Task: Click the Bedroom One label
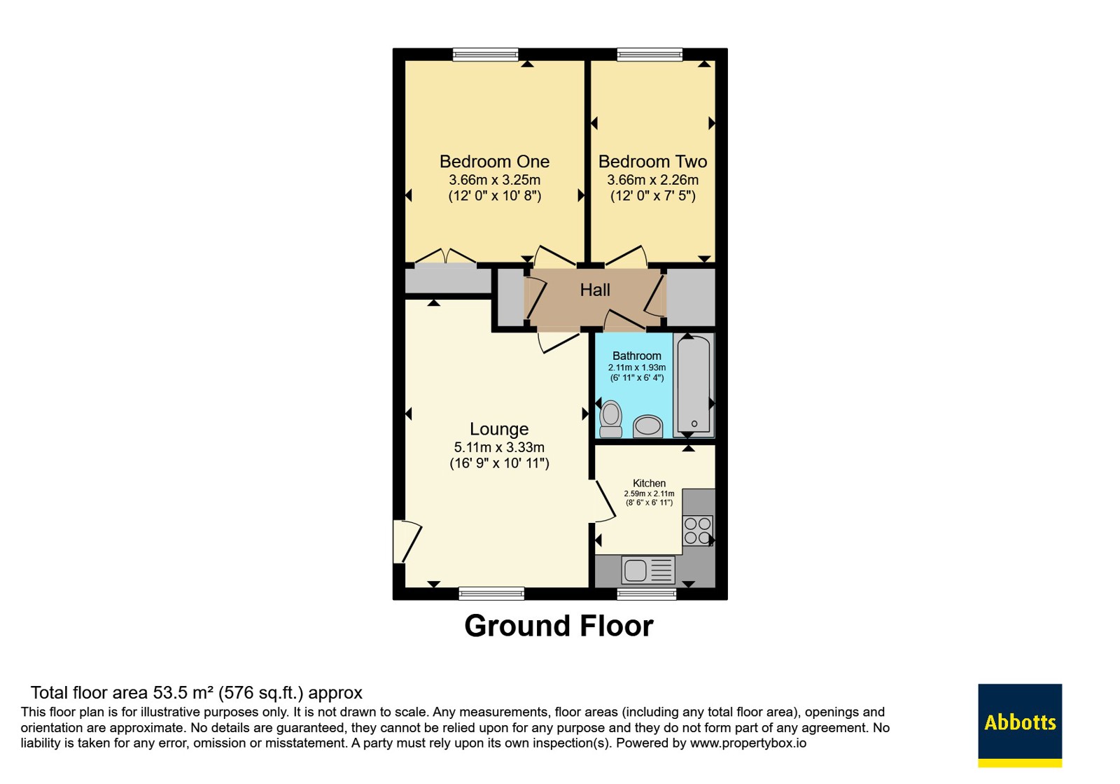tap(494, 162)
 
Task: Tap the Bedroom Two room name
tap(652, 162)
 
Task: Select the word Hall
tap(595, 290)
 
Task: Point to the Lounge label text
tap(499, 429)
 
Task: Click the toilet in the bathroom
tap(610, 419)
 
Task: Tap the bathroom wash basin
tap(648, 426)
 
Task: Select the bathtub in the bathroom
tap(694, 384)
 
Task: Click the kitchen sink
tap(648, 570)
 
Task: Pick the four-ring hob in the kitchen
tap(697, 531)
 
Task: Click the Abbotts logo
tap(1020, 725)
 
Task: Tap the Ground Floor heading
tap(559, 626)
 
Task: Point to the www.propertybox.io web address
tap(748, 743)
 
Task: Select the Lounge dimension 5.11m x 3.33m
tap(499, 447)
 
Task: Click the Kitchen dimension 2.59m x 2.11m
tap(649, 493)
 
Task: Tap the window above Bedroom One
tap(485, 55)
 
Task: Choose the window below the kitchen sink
tap(647, 594)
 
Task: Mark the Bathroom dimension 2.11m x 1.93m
tap(637, 367)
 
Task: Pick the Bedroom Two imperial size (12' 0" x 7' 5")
tap(653, 195)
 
